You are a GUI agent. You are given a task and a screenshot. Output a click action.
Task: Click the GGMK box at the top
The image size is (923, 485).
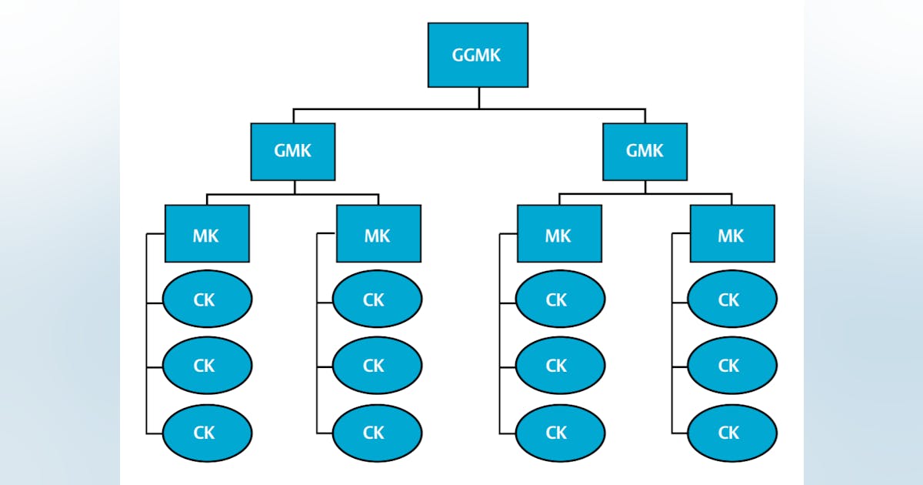point(478,55)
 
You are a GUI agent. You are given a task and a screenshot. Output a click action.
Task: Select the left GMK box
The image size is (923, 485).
point(293,152)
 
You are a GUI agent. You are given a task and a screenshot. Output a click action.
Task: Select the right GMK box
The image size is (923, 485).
point(645,152)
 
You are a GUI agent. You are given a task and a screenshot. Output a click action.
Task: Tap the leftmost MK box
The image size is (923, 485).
point(207,233)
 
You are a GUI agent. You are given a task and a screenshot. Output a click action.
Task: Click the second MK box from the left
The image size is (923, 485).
point(378,233)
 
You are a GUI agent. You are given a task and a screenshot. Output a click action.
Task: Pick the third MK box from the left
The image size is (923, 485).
point(559,233)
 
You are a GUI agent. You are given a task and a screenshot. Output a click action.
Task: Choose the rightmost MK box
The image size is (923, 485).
point(731,233)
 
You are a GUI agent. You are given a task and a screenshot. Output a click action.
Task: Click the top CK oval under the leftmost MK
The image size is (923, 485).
point(207,299)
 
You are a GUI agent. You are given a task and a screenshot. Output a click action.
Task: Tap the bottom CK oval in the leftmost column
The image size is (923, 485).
point(207,433)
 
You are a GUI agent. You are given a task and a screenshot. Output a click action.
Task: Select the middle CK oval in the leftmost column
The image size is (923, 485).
point(207,366)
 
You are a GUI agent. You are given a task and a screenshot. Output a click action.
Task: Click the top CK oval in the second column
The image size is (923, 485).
point(377,299)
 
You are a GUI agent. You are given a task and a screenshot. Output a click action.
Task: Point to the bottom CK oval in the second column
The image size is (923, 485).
point(377,433)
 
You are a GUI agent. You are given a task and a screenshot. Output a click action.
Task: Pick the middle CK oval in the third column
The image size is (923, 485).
point(559,366)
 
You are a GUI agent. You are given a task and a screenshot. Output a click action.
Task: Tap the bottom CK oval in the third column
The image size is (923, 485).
point(559,433)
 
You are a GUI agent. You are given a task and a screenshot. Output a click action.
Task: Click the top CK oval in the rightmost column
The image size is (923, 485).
point(731,299)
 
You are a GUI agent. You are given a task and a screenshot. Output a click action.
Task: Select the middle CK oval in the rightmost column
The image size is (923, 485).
point(731,366)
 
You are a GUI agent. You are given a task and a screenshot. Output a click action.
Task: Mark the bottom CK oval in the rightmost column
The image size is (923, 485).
point(731,433)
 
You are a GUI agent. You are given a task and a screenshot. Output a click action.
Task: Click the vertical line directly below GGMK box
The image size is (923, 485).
point(478,98)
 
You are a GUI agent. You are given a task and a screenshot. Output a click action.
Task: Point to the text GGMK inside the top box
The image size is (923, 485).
point(478,55)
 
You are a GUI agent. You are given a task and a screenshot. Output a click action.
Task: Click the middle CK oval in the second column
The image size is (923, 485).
point(377,366)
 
